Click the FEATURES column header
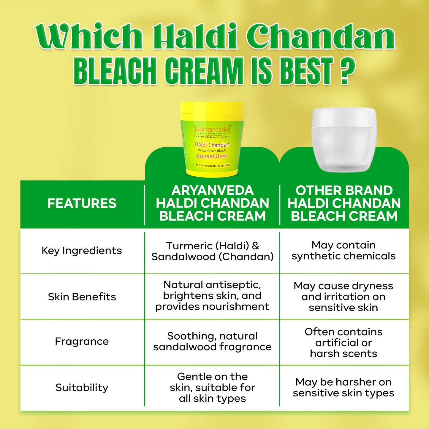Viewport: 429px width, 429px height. (82, 204)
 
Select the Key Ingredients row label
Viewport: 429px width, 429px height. (82, 251)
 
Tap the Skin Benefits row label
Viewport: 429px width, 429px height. (82, 297)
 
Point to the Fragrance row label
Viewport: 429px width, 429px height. (82, 341)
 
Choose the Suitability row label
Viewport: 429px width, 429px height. (82, 387)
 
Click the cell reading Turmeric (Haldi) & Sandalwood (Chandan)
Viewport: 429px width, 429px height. (212, 251)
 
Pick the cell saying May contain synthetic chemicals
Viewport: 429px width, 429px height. (343, 251)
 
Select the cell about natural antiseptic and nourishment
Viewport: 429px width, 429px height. (212, 296)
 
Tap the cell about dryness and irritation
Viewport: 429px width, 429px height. (343, 297)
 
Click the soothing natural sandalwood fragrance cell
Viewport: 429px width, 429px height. (212, 341)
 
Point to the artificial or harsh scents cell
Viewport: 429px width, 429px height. (343, 343)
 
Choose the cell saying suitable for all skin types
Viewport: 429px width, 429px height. (212, 387)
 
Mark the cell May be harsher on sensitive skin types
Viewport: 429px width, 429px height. (343, 387)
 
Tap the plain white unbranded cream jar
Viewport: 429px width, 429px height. (344, 140)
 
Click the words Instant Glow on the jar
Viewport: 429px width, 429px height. (212, 156)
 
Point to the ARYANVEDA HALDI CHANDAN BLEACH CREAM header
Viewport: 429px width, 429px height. (212, 204)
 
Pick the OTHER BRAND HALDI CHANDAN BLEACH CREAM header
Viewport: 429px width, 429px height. (344, 204)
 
